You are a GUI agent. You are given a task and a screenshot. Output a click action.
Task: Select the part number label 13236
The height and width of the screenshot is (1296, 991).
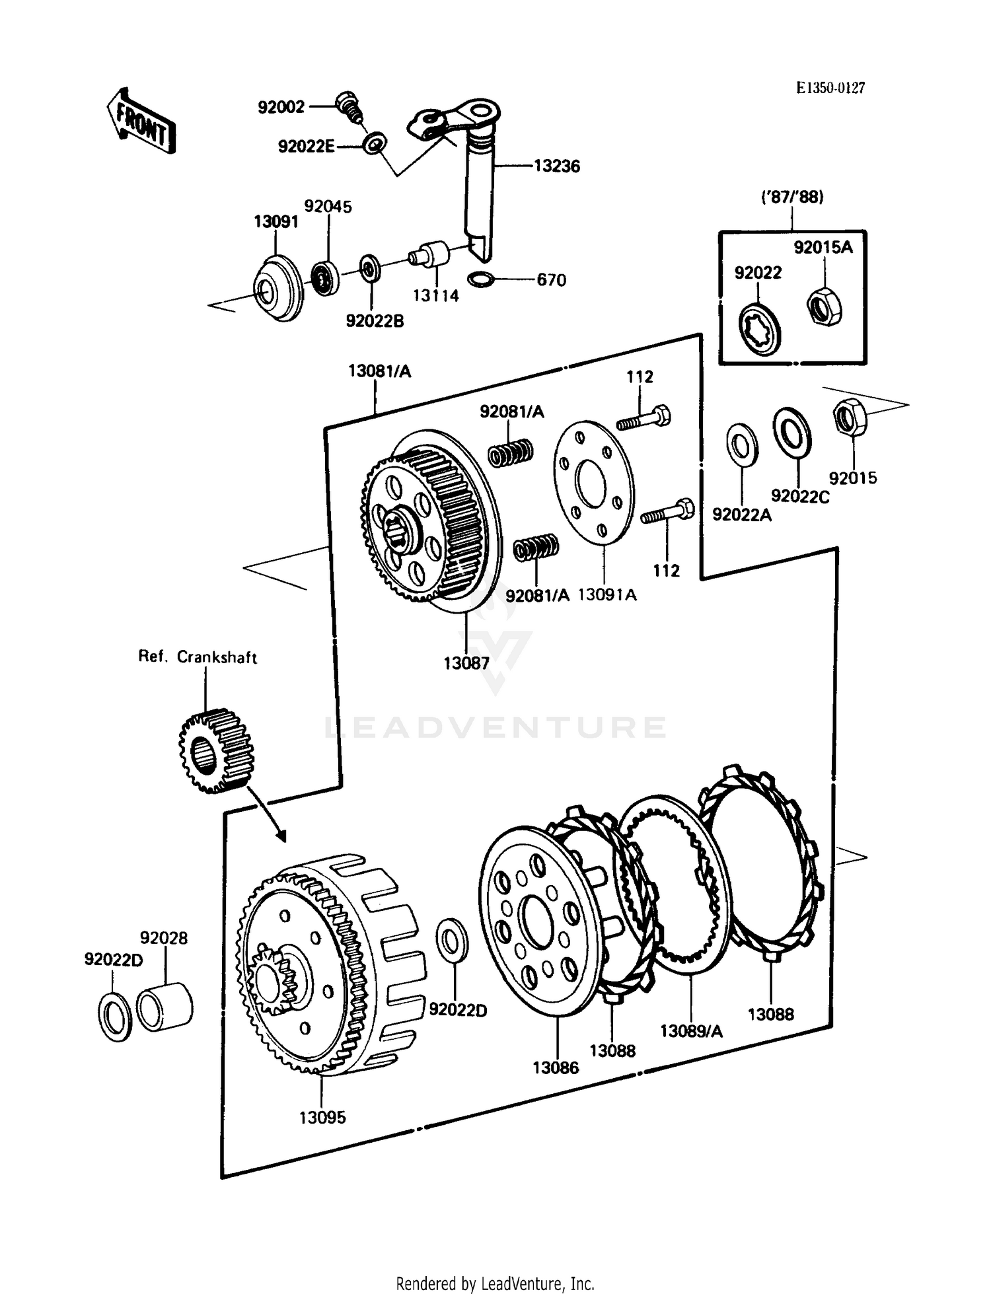[x=556, y=166]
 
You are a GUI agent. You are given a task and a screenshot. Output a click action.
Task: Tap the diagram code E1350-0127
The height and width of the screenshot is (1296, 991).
[x=830, y=88]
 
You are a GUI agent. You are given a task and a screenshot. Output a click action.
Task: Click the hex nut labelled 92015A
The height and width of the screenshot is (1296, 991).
[x=824, y=306]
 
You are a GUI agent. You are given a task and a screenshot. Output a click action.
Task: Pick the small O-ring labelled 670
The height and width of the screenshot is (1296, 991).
[x=480, y=279]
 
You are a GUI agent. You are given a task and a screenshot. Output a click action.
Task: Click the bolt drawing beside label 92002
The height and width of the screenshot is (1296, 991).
[x=348, y=106]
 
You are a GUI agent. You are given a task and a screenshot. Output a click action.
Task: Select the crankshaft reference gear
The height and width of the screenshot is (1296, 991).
[x=216, y=750]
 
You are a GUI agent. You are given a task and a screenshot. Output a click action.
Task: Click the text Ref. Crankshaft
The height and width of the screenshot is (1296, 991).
[x=197, y=657]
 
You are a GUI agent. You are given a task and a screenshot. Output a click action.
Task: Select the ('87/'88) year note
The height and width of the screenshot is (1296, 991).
[x=792, y=197]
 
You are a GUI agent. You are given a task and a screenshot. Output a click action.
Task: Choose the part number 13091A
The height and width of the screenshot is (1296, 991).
[x=607, y=594]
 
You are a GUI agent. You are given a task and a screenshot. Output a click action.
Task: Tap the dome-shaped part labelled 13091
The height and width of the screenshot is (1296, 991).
[x=278, y=289]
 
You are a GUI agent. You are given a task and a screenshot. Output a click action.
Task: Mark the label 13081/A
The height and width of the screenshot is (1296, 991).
[x=379, y=371]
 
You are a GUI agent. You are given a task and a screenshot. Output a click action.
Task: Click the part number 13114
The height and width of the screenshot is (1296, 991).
[x=435, y=296]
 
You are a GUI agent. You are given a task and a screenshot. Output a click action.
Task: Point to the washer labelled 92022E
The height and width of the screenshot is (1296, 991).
[x=375, y=143]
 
